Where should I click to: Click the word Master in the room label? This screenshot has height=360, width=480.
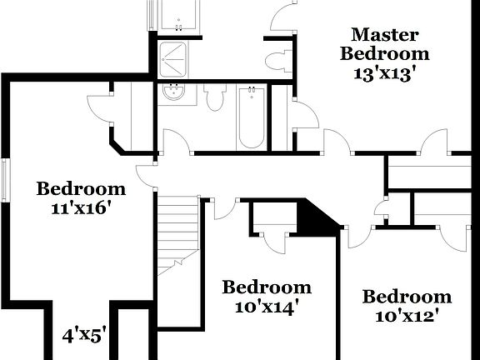384,35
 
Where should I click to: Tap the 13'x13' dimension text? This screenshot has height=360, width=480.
384,72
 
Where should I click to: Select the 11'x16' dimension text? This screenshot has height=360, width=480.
81,207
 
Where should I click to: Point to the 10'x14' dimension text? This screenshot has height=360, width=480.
266,307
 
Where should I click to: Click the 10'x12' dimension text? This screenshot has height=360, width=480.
407,316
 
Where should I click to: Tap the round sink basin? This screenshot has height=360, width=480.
175,92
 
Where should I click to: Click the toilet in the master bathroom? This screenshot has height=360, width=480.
277,58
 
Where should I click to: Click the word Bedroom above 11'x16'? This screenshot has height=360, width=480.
81,188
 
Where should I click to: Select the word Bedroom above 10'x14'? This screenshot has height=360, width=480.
266,287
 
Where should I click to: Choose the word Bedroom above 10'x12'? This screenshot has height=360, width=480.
407,297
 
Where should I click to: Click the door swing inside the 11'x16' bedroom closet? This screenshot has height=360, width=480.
101,106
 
